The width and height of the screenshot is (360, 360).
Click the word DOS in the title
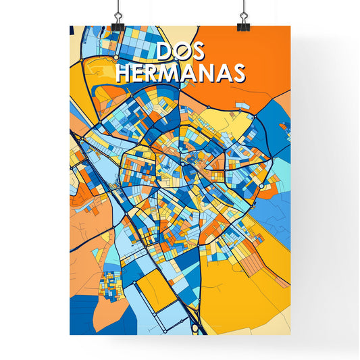coord(180,53)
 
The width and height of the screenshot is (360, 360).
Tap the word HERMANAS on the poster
coord(180,74)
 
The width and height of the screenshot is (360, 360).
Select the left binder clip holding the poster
coord(118,26)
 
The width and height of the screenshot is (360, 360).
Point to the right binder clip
coord(242,26)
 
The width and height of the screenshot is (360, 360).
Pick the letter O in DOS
coord(180,53)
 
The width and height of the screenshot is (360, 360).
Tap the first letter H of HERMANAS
coord(123,74)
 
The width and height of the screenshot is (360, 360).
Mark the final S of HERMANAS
coord(237,74)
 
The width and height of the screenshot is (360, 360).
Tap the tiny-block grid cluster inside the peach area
coord(110,284)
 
